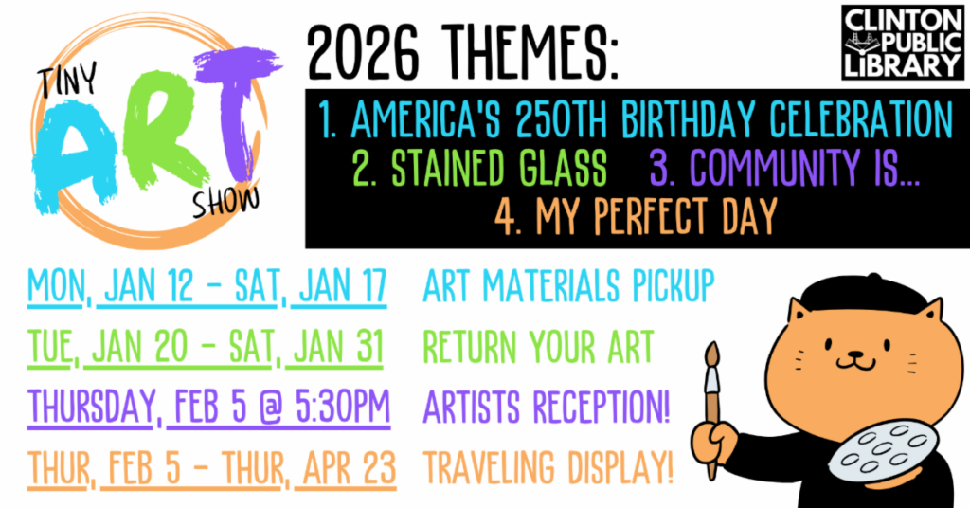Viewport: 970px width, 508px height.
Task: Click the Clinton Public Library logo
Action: tap(903, 42)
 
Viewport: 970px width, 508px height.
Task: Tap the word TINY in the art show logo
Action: tap(68, 82)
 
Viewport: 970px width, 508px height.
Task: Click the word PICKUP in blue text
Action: tap(674, 286)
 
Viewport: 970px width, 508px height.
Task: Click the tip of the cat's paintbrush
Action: tap(712, 343)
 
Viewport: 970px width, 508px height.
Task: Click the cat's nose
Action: tap(855, 354)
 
